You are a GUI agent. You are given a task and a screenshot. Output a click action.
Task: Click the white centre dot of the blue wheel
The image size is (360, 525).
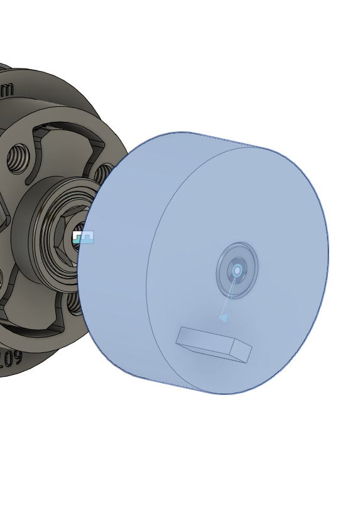(237, 271)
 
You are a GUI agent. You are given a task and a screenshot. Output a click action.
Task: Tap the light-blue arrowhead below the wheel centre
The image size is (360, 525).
(223, 318)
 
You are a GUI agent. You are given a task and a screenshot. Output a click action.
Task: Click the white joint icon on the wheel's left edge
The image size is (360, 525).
(82, 237)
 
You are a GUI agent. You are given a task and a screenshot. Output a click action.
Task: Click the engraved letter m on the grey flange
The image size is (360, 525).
(6, 89)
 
